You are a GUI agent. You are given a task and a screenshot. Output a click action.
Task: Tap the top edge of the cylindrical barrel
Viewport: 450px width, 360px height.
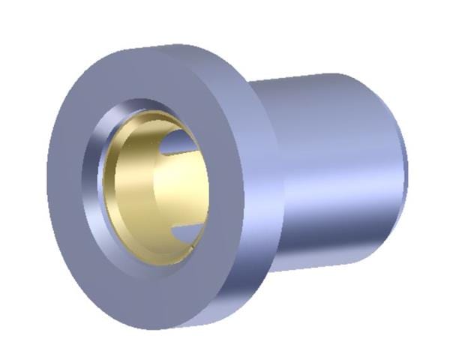pos(315,76)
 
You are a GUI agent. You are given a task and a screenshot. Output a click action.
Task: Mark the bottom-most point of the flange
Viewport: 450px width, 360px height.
pos(161,329)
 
